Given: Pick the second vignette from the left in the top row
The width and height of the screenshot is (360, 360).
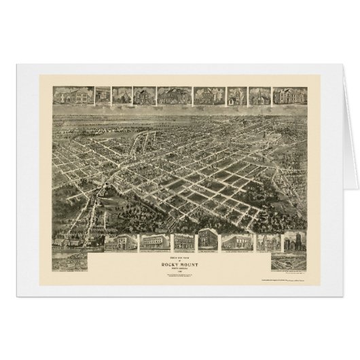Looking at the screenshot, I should click(103, 95).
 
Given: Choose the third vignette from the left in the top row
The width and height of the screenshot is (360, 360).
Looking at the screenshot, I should click(122, 95).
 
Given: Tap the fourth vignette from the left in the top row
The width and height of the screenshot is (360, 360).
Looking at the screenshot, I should click(144, 95).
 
